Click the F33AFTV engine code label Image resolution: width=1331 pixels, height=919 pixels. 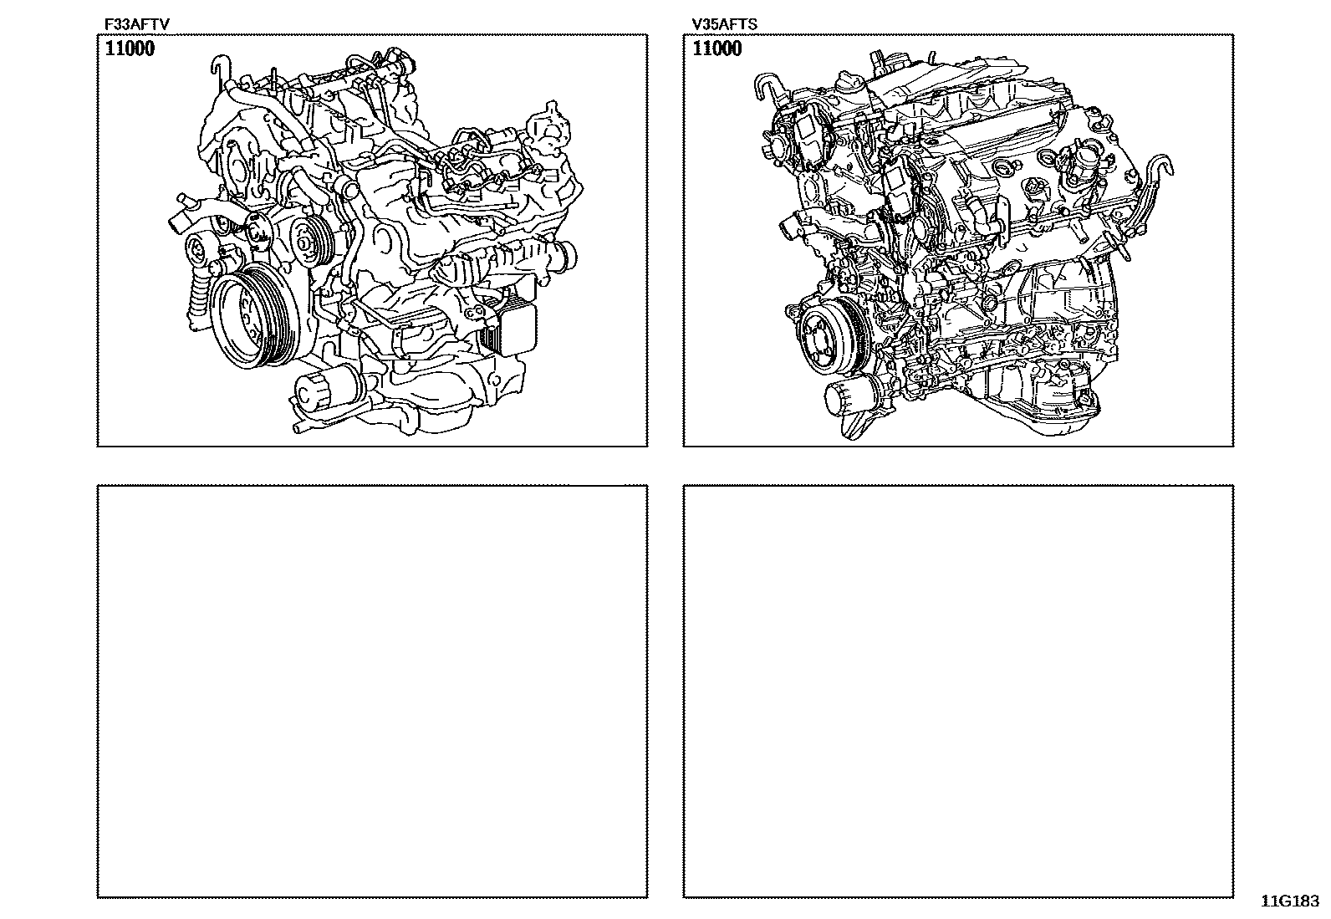pyautogui.click(x=136, y=24)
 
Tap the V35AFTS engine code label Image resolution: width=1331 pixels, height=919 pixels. pyautogui.click(x=724, y=24)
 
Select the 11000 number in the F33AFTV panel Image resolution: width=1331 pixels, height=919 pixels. pyautogui.click(x=130, y=49)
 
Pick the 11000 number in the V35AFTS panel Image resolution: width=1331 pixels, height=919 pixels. pyautogui.click(x=717, y=49)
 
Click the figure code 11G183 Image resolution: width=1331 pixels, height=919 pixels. pyautogui.click(x=1290, y=901)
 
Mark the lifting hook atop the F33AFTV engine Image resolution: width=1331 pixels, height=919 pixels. pyautogui.click(x=220, y=70)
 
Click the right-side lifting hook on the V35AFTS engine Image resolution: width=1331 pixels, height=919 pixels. pyautogui.click(x=1155, y=178)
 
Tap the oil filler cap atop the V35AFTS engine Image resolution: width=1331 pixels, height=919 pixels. pyautogui.click(x=849, y=84)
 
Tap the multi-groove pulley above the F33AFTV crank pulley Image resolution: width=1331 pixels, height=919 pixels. pyautogui.click(x=309, y=241)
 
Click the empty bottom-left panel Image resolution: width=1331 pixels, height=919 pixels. pyautogui.click(x=373, y=692)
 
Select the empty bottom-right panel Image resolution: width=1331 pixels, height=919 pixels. pyautogui.click(x=958, y=692)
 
